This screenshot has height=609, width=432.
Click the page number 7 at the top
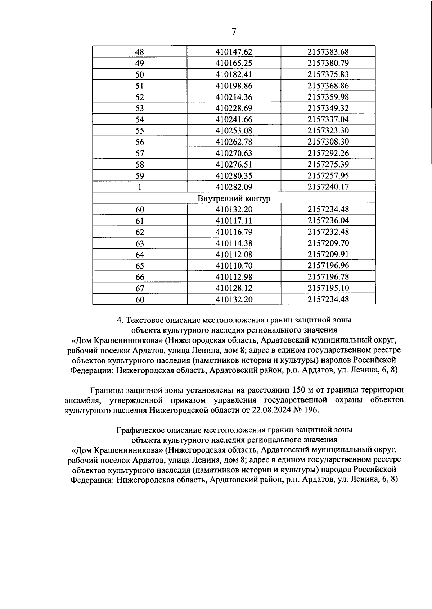click(x=234, y=32)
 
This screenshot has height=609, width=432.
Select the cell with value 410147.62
click(x=234, y=52)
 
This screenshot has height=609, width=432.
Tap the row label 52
click(x=139, y=97)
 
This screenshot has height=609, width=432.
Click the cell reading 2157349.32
click(x=328, y=108)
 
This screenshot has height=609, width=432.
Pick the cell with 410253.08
click(x=234, y=131)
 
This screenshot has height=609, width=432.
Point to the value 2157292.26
click(x=328, y=153)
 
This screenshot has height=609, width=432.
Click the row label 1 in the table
click(x=139, y=187)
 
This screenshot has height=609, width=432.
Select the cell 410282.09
click(x=234, y=187)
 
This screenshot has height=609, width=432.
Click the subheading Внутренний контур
click(x=234, y=198)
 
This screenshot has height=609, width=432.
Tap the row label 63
click(x=139, y=243)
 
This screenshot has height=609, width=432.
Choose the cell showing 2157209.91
click(x=328, y=255)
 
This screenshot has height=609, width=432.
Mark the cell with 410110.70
click(x=234, y=266)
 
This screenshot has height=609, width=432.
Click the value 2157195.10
click(x=328, y=288)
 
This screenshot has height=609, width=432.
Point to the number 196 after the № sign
click(x=311, y=410)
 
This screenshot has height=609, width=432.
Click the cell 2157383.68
click(x=328, y=52)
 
